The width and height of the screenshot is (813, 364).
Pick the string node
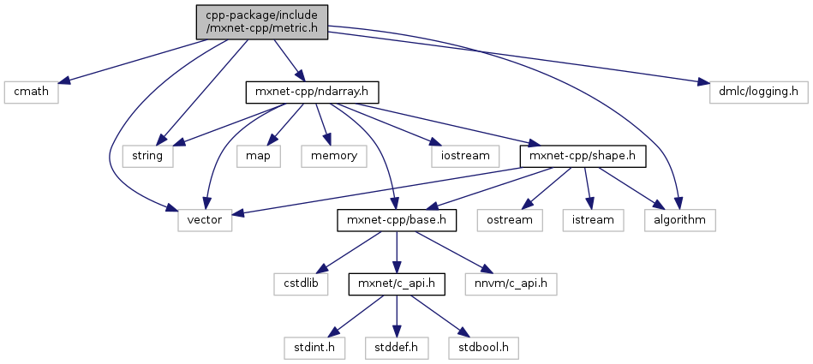148,156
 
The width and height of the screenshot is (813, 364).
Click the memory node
333,156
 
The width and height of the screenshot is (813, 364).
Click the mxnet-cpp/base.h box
395,220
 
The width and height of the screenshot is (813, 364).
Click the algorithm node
680,220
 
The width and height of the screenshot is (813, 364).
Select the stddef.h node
395,349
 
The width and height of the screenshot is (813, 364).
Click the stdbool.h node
482,349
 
